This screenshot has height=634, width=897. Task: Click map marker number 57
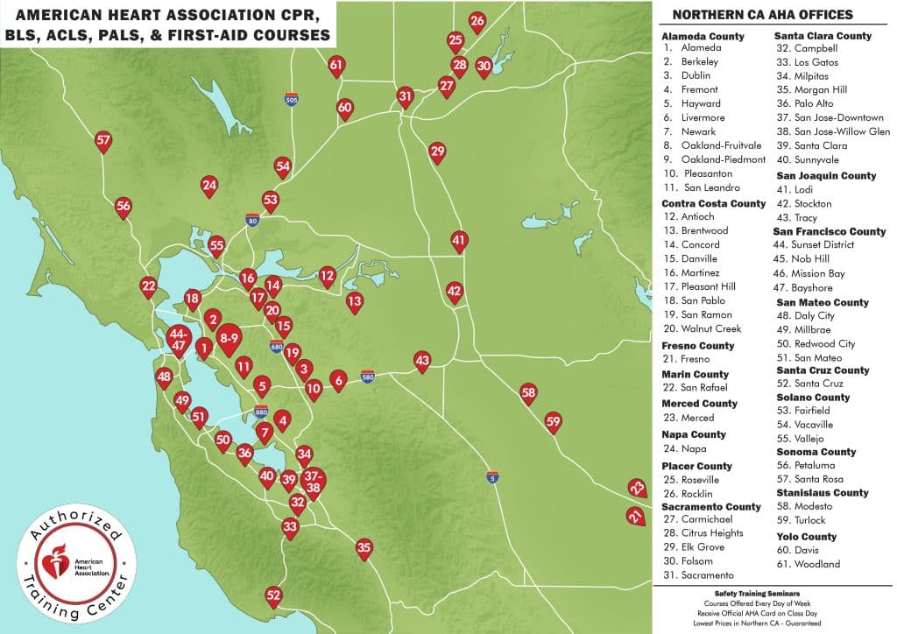[x=103, y=140]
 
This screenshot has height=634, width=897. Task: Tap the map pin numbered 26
[x=477, y=21]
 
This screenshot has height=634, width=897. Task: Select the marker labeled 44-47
[x=179, y=339]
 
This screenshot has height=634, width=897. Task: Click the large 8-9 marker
[x=230, y=337]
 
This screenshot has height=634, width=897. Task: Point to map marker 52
[x=274, y=595]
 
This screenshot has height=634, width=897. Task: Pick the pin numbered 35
[x=364, y=548]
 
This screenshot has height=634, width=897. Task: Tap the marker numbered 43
[x=422, y=360]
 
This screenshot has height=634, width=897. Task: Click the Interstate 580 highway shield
[x=368, y=377]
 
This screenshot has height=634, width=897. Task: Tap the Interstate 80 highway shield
[x=252, y=220]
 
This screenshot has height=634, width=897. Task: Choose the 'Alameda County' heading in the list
[x=703, y=36]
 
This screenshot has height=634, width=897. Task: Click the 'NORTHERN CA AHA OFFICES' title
[x=761, y=15]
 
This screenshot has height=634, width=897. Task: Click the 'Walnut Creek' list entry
[x=710, y=328]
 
